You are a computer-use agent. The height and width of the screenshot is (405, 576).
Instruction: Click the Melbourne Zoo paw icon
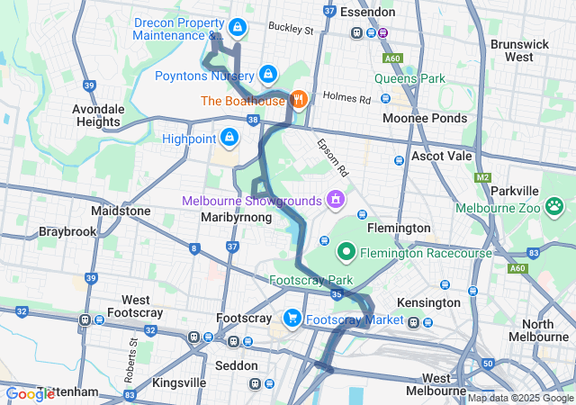[x=554, y=208]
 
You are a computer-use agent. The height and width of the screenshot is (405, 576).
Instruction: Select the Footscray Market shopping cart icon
[x=292, y=319]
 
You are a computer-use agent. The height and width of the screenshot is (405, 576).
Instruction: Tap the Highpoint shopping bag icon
[x=229, y=138]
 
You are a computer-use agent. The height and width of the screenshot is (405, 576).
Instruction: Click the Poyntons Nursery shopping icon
[x=267, y=74]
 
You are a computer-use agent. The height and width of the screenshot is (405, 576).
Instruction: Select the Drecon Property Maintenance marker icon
[x=237, y=28]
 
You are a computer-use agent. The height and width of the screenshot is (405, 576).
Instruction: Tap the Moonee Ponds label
[x=425, y=118]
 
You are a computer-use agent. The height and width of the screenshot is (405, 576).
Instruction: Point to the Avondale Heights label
[x=97, y=115]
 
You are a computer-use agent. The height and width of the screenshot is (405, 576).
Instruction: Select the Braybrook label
[x=67, y=231]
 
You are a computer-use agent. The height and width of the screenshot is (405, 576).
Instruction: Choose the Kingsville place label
[x=179, y=382]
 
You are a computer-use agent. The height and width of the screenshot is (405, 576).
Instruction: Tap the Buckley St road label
[x=290, y=30]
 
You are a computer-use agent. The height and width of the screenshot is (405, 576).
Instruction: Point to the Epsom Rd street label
[x=330, y=157]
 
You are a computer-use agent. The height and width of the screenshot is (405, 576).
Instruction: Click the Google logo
[x=30, y=393]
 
